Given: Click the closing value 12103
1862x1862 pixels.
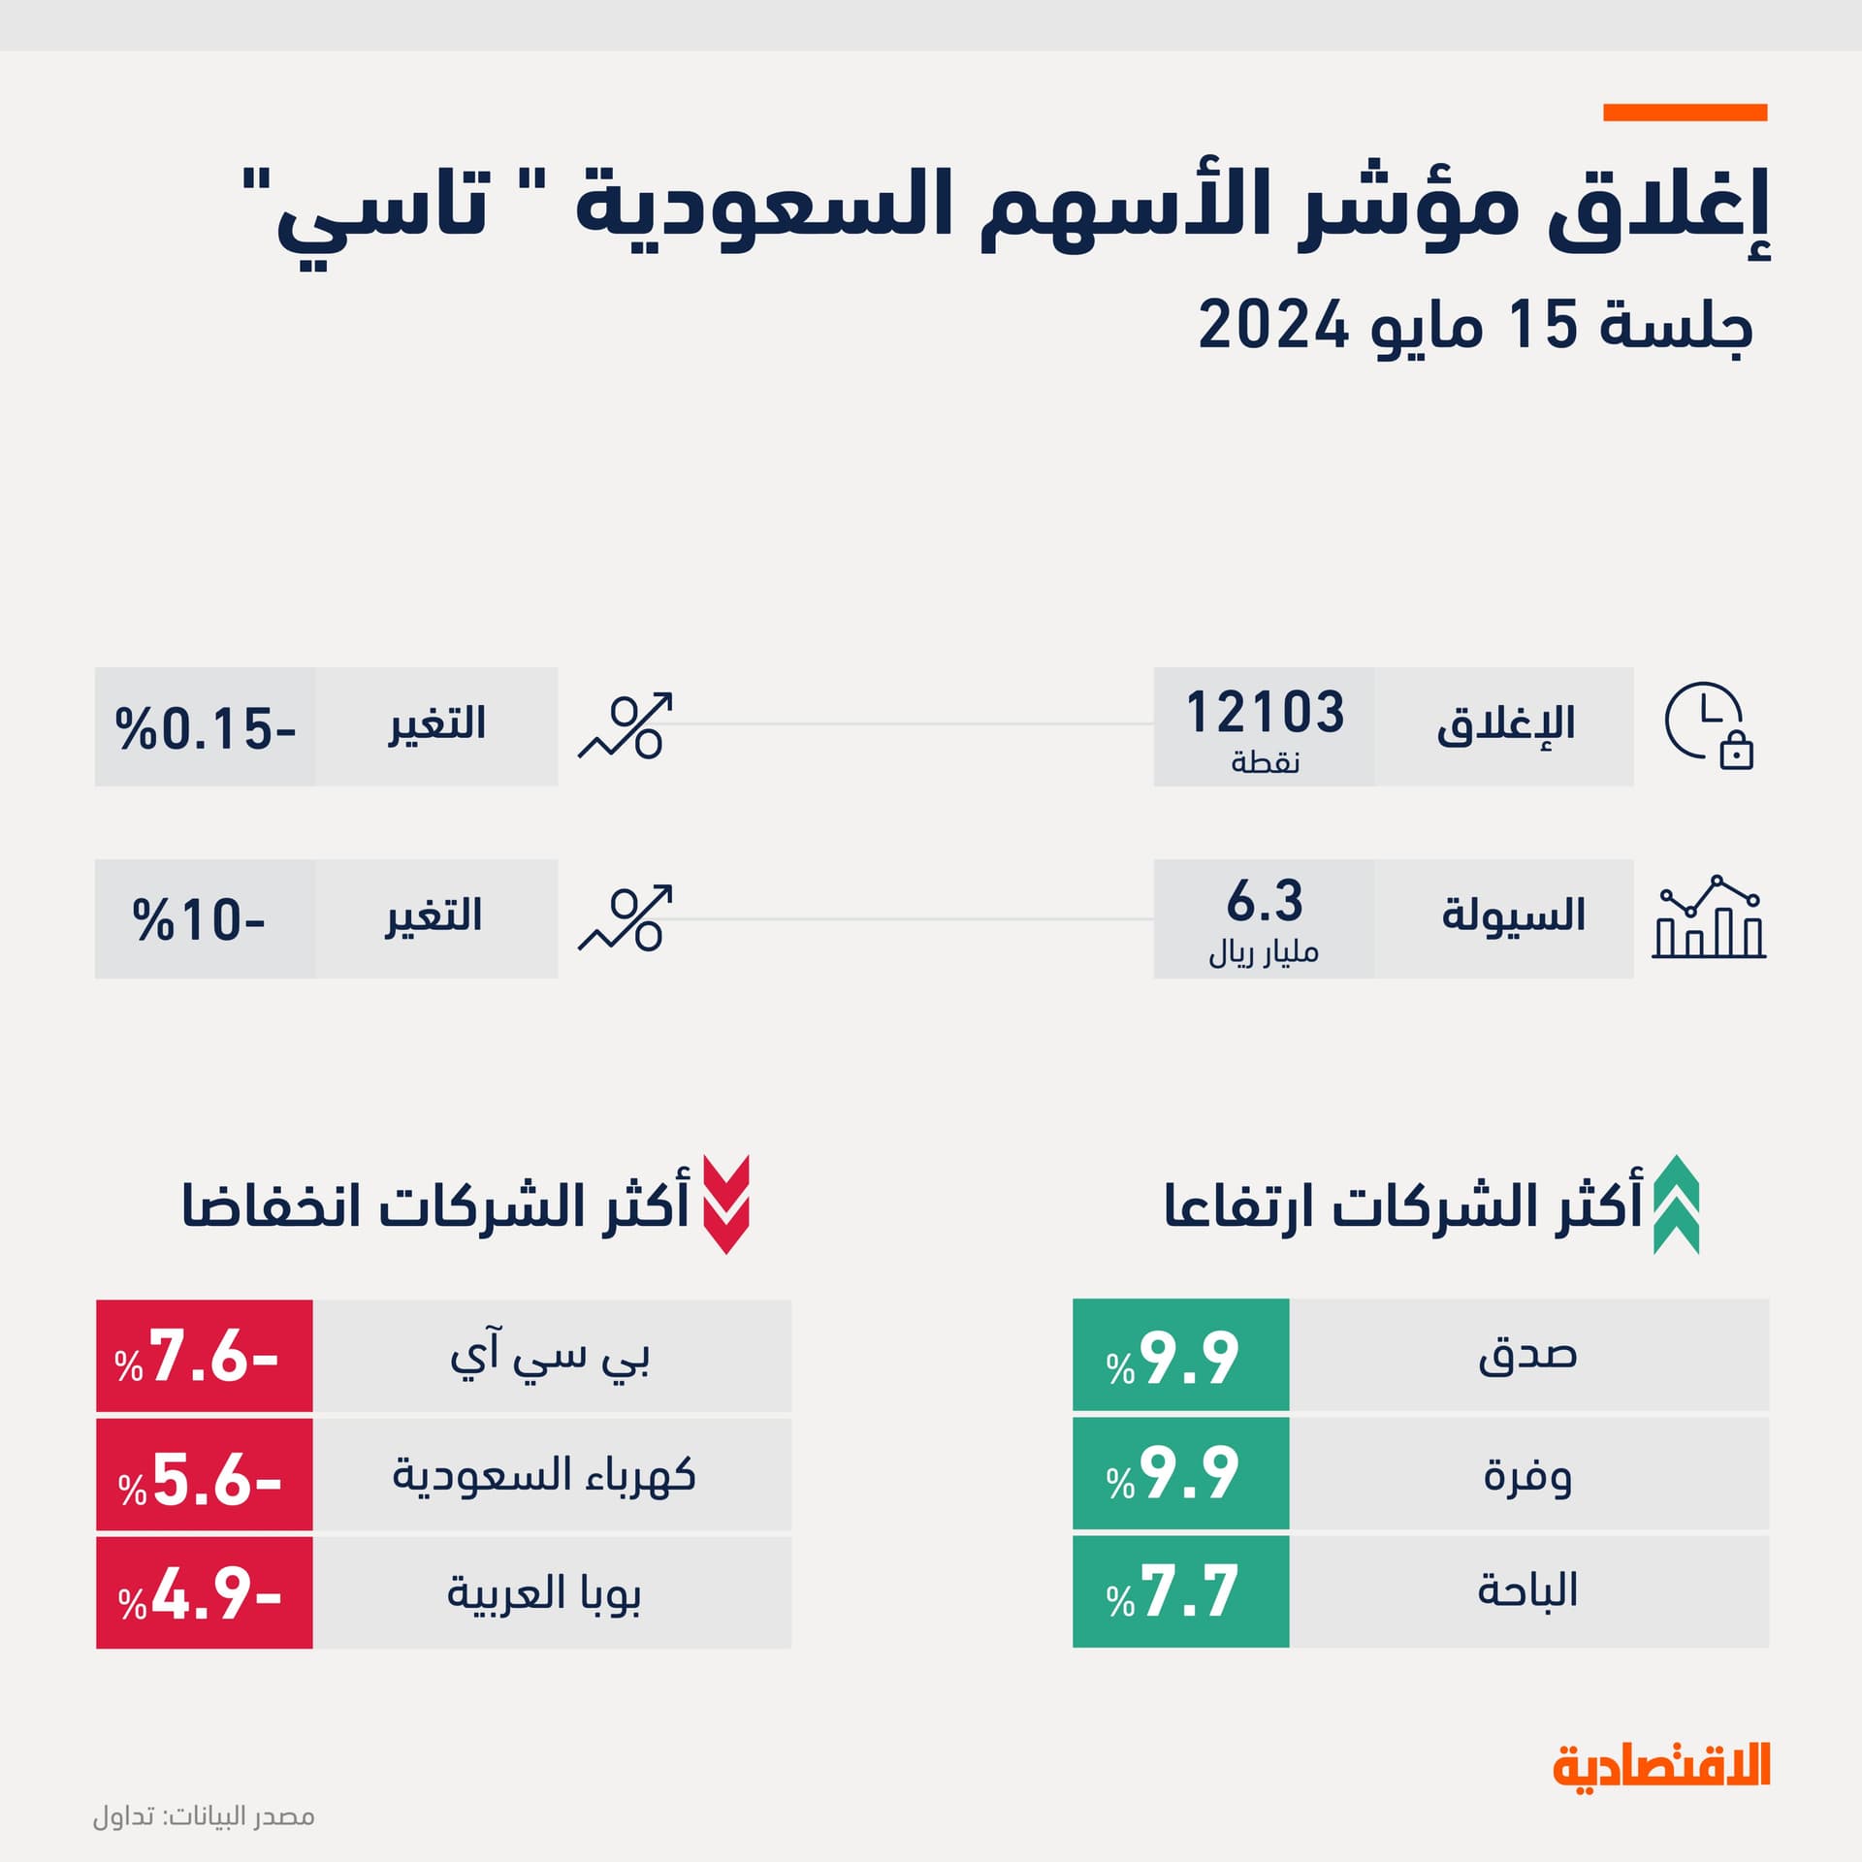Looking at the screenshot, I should [1265, 713].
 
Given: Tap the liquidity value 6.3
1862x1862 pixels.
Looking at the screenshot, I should [1265, 901].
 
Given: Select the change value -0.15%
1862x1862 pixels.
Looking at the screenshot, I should [205, 728].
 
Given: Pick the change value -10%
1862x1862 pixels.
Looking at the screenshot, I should [199, 919].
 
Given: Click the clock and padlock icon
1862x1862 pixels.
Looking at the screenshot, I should [1709, 726].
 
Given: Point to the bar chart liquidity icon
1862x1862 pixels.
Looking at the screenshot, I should [1709, 917].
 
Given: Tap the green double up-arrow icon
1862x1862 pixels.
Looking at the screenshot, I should [1676, 1204].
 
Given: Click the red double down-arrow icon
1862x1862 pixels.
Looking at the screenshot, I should [725, 1204].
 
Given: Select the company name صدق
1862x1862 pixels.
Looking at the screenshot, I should [1527, 1355].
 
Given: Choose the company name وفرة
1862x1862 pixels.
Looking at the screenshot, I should [1527, 1475].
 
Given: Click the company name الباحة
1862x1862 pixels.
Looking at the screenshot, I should [1527, 1591].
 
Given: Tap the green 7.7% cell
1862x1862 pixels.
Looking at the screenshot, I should [1180, 1591].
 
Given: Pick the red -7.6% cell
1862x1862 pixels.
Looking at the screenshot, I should [204, 1356].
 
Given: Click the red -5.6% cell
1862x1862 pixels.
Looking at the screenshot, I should [204, 1476].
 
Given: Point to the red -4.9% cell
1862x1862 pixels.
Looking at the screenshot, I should [204, 1592].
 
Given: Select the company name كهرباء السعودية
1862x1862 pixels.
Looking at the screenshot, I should [544, 1476].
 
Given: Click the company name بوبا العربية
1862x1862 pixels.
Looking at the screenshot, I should [544, 1592].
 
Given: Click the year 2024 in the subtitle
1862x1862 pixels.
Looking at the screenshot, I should [1273, 325].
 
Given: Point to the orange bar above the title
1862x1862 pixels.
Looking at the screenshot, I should [1685, 112].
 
